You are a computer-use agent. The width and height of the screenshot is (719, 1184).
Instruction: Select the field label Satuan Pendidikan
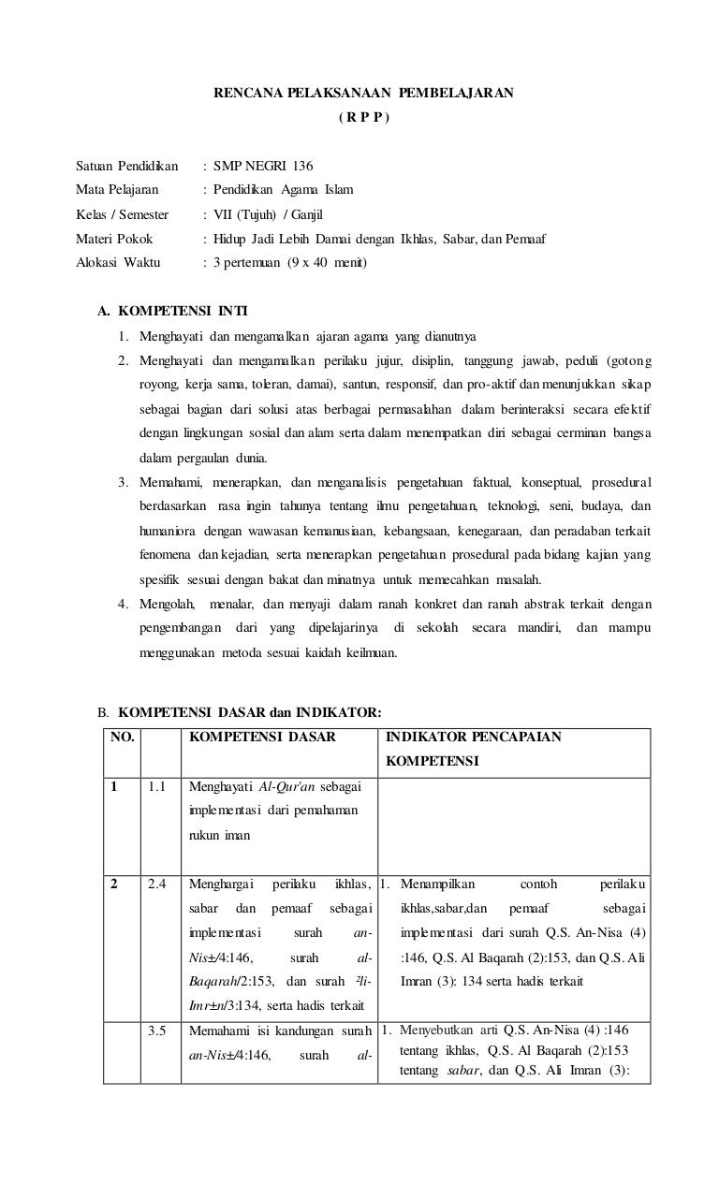[126, 166]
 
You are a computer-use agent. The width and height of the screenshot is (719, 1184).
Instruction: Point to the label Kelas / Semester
[122, 214]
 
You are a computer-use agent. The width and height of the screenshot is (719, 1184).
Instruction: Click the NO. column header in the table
[122, 737]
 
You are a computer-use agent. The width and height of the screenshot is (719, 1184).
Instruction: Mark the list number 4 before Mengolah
[123, 604]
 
